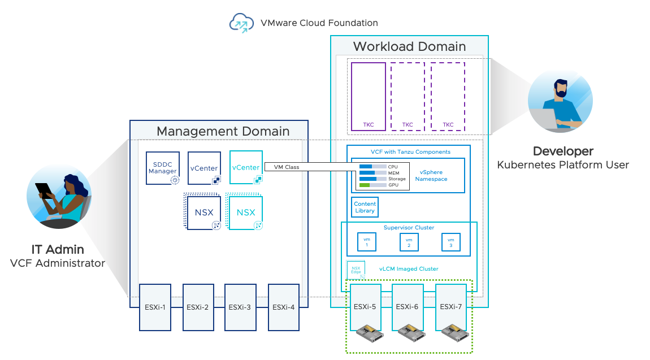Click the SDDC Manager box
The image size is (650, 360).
[163, 168]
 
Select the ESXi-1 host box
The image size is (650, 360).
[155, 307]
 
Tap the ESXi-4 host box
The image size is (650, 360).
[283, 307]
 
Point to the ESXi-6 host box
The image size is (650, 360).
[407, 307]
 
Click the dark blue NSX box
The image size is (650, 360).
[203, 212]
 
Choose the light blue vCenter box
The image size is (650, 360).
[246, 167]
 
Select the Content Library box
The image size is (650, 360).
[365, 207]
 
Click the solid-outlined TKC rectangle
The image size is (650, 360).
[368, 96]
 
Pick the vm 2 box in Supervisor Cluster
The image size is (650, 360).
[409, 242]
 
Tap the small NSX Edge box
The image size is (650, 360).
[356, 269]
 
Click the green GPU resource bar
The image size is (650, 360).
[365, 185]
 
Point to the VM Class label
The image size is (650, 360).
[286, 167]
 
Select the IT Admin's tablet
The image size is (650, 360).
[44, 190]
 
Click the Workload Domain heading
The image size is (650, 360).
[409, 46]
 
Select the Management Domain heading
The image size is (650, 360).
[223, 131]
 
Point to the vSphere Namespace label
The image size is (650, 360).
[431, 175]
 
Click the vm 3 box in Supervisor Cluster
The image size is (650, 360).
[450, 242]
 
